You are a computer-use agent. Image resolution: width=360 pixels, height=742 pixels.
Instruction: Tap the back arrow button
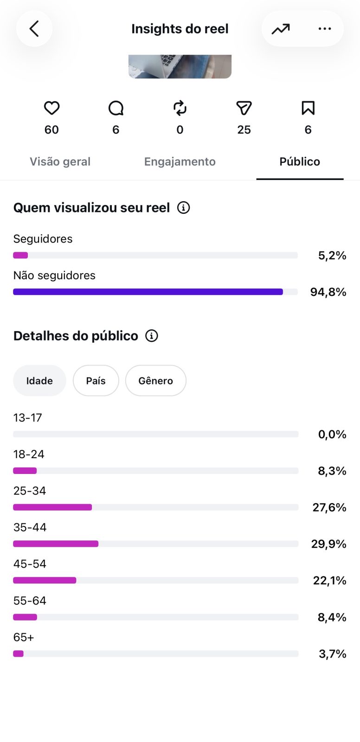(34, 28)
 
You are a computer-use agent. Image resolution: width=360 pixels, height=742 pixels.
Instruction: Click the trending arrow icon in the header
(281, 29)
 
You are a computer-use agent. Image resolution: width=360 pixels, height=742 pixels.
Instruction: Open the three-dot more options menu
(325, 29)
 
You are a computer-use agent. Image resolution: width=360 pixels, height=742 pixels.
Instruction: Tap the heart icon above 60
(51, 108)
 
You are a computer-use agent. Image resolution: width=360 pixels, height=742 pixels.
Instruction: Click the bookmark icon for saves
(308, 108)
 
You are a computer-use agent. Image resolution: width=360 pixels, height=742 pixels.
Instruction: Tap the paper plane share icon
(244, 108)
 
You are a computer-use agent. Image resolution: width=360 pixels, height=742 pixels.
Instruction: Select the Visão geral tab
(60, 162)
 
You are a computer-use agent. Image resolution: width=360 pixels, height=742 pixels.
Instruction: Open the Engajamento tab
(180, 162)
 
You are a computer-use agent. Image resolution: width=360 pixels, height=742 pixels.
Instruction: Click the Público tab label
(300, 162)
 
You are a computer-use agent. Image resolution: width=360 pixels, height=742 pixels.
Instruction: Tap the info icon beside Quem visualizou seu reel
(184, 208)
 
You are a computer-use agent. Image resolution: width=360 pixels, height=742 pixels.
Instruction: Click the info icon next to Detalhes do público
(152, 336)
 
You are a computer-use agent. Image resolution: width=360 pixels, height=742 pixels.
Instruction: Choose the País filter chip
(96, 381)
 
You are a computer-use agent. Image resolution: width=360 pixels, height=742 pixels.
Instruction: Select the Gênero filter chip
(156, 381)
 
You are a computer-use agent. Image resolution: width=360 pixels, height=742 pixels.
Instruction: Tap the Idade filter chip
(39, 381)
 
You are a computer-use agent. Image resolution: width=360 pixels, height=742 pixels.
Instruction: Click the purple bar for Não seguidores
(148, 292)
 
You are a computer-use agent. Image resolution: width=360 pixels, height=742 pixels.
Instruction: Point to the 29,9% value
(328, 544)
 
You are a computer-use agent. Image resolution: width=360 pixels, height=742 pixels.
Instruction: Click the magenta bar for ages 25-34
(52, 507)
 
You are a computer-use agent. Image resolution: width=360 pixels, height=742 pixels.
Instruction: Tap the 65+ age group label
(24, 637)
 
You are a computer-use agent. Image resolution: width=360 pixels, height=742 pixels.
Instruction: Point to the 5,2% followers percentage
(332, 256)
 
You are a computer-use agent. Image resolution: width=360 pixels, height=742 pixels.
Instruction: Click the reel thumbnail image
(180, 67)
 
